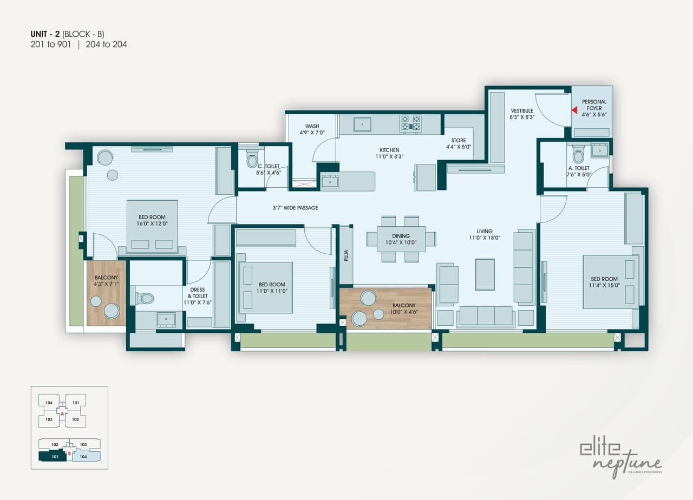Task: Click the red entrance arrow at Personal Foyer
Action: tap(574, 110)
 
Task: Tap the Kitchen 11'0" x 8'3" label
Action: tap(389, 153)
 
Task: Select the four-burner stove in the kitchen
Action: tap(410, 123)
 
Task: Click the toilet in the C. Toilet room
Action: tap(252, 160)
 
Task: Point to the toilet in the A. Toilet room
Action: tap(578, 156)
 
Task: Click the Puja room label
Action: tap(345, 255)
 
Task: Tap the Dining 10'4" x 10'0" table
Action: tap(401, 239)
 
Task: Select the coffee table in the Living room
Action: tap(485, 274)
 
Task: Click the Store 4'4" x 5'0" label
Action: tap(459, 143)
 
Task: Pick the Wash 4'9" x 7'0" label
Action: tap(312, 129)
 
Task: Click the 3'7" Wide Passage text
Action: tap(295, 208)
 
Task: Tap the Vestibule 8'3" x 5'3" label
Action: tap(522, 114)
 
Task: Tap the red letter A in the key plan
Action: tap(62, 414)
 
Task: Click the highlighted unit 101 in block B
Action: tap(53, 456)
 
